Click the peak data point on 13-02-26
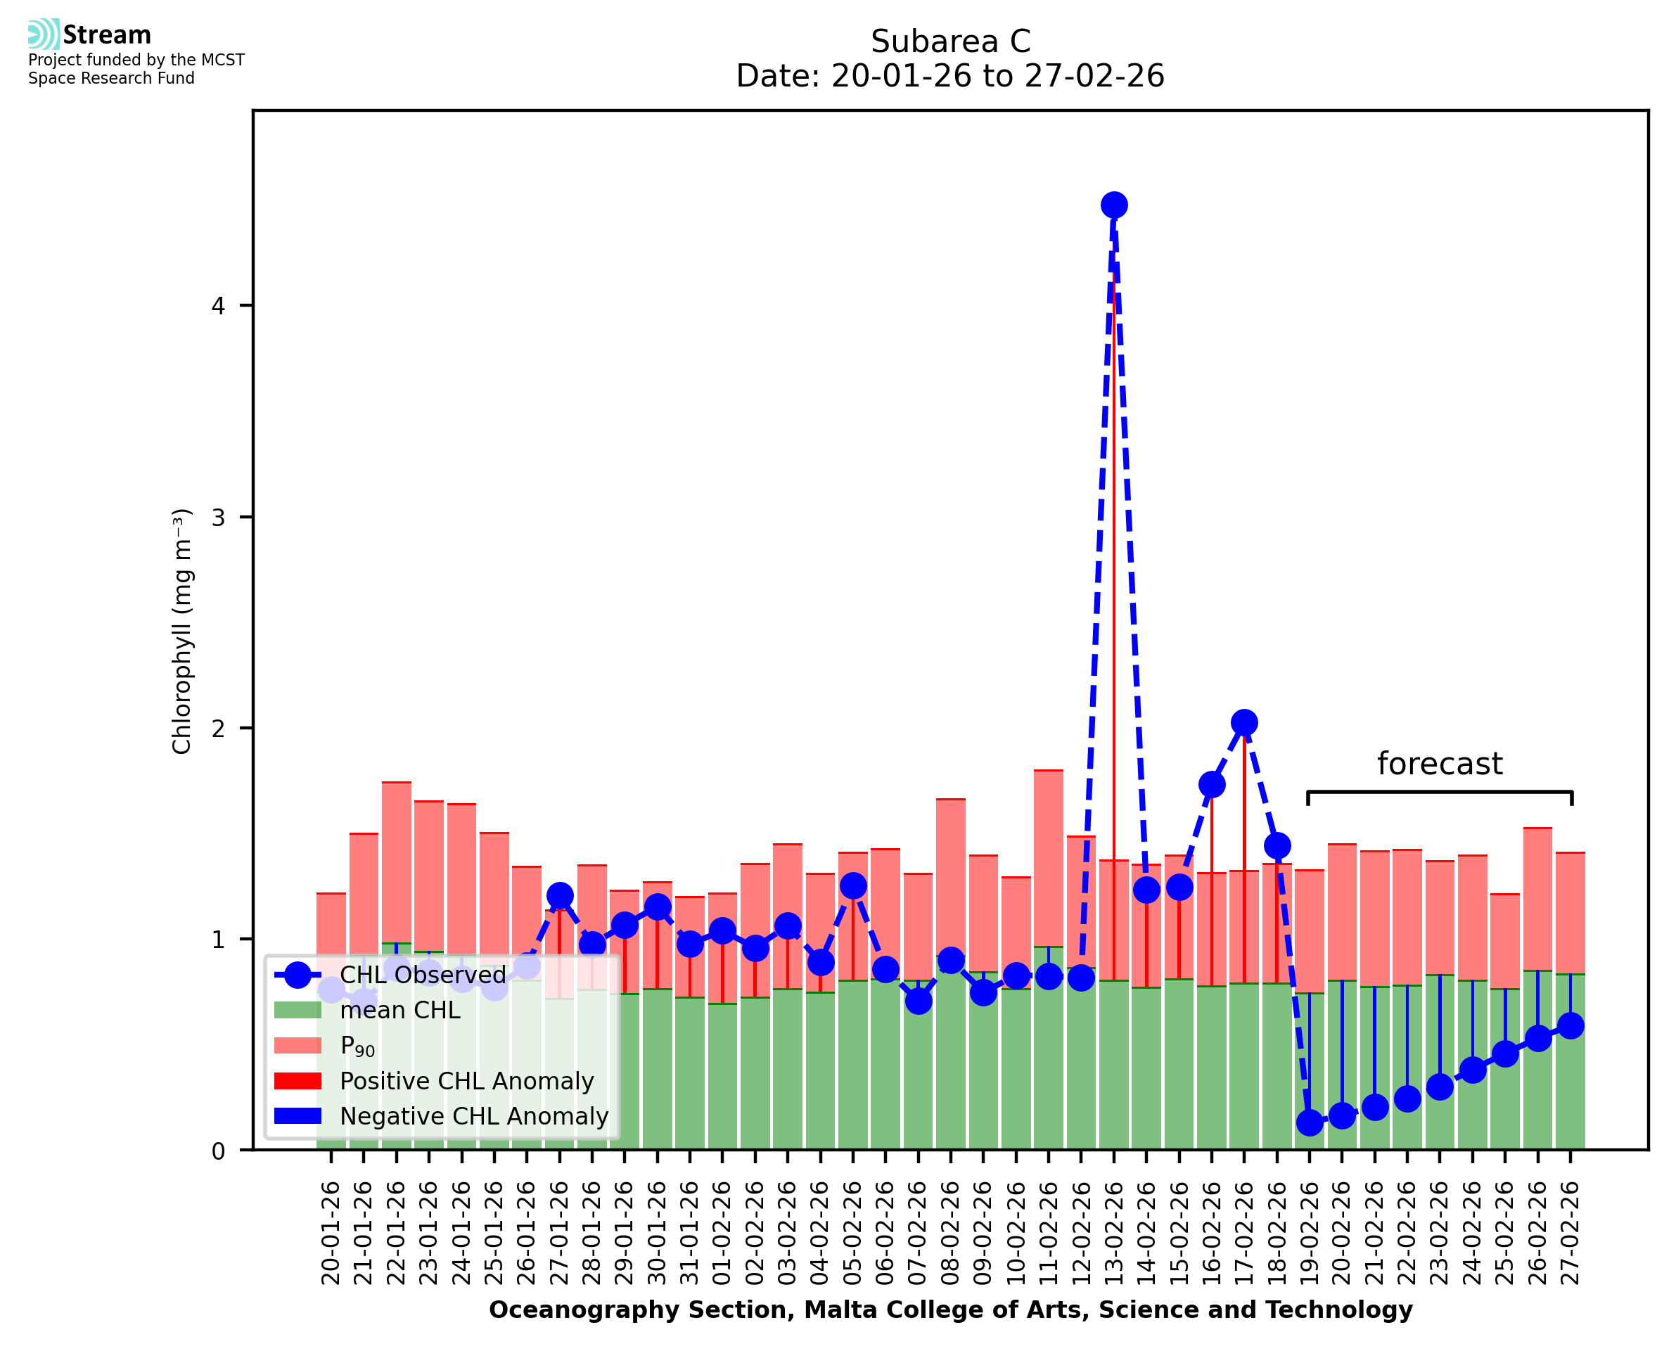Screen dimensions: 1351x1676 tap(1113, 205)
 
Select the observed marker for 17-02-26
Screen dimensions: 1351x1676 tap(1244, 723)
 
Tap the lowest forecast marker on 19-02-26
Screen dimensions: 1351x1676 tap(1310, 1123)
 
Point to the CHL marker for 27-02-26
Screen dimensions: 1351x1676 tap(1571, 1025)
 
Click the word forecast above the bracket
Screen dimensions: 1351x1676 tap(1440, 764)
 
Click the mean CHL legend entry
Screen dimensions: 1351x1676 tap(400, 1010)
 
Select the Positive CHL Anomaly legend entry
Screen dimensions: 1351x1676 tap(466, 1081)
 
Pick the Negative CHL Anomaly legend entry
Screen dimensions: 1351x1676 tap(474, 1116)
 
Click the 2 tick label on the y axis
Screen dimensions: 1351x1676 tap(218, 729)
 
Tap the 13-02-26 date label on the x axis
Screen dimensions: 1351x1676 tap(1114, 1234)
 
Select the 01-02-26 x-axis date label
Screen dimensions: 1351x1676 tap(723, 1234)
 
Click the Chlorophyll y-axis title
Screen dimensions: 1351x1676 tap(181, 631)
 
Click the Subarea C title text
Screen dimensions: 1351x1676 tap(950, 41)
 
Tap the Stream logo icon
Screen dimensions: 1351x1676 tap(44, 34)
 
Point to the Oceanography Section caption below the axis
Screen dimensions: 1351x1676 tap(950, 1310)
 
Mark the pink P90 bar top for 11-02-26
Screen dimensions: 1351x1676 tap(1048, 771)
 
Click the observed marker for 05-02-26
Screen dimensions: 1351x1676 tap(853, 885)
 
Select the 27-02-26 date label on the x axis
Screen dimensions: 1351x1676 tap(1571, 1234)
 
